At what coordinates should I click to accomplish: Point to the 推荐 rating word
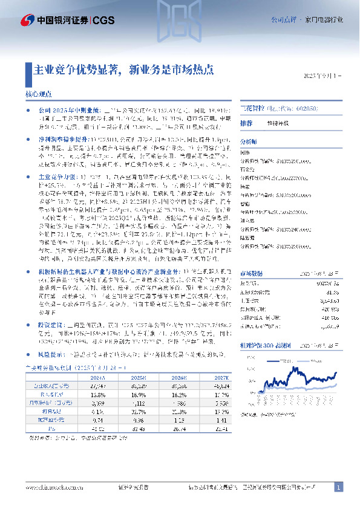pyautogui.click(x=246, y=123)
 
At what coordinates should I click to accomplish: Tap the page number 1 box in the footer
pyautogui.click(x=339, y=487)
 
